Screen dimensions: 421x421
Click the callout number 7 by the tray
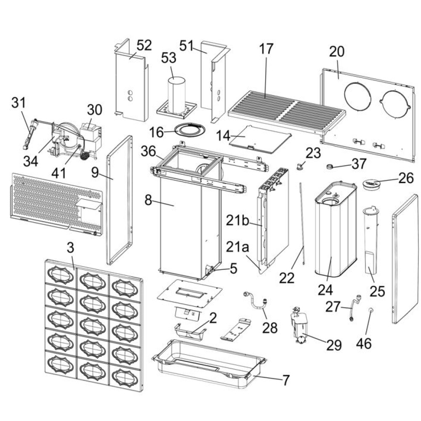tap(286, 381)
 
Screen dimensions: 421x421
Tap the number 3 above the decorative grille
tap(70, 247)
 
